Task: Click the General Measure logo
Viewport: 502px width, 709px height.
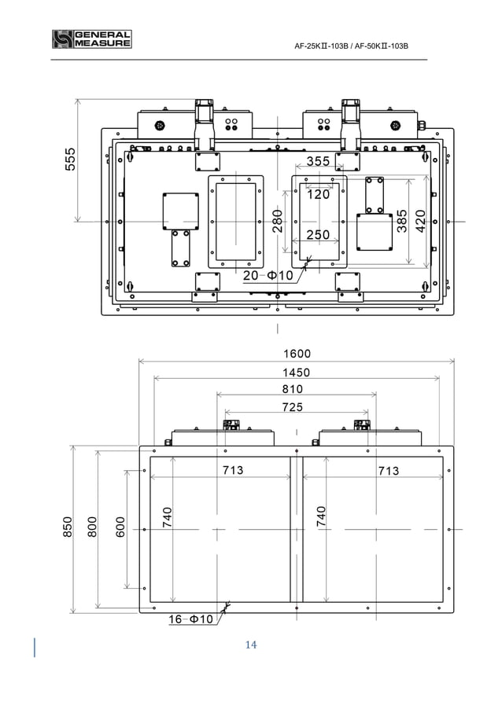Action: point(91,39)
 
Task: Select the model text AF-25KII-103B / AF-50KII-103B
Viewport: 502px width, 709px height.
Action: point(351,46)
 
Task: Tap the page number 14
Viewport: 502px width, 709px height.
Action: point(251,645)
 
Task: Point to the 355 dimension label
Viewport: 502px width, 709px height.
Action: point(318,161)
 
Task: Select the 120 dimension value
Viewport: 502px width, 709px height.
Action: point(318,194)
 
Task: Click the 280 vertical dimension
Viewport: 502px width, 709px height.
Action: point(278,221)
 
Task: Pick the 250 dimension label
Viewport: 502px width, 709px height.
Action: point(318,235)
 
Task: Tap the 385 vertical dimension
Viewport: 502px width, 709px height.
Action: point(402,221)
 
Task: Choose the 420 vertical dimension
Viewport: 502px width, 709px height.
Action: point(421,221)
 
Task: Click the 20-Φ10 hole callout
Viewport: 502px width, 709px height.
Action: point(268,275)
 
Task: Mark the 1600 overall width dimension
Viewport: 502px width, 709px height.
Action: point(297,354)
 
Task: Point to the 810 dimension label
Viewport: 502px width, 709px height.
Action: point(292,389)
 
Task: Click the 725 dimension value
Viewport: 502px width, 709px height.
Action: point(292,407)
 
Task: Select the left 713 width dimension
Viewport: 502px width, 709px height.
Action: point(232,471)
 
